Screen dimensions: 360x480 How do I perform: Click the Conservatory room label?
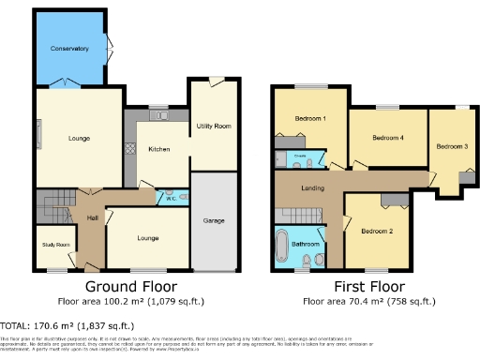point(69,48)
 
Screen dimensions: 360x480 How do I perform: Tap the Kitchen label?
point(157,149)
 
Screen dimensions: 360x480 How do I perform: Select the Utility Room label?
point(213,126)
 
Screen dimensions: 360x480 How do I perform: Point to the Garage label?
point(213,220)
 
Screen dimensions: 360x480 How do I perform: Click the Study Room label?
point(55,245)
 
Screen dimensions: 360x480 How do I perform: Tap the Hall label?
point(93,218)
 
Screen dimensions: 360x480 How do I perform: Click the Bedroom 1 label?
point(309,119)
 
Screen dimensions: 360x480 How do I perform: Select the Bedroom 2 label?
point(377,231)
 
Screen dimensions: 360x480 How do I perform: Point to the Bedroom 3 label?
point(451,146)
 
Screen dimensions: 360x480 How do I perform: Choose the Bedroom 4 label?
point(387,138)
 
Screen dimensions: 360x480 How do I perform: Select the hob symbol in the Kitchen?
point(129,149)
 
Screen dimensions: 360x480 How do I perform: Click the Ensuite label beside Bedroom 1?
point(300,153)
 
